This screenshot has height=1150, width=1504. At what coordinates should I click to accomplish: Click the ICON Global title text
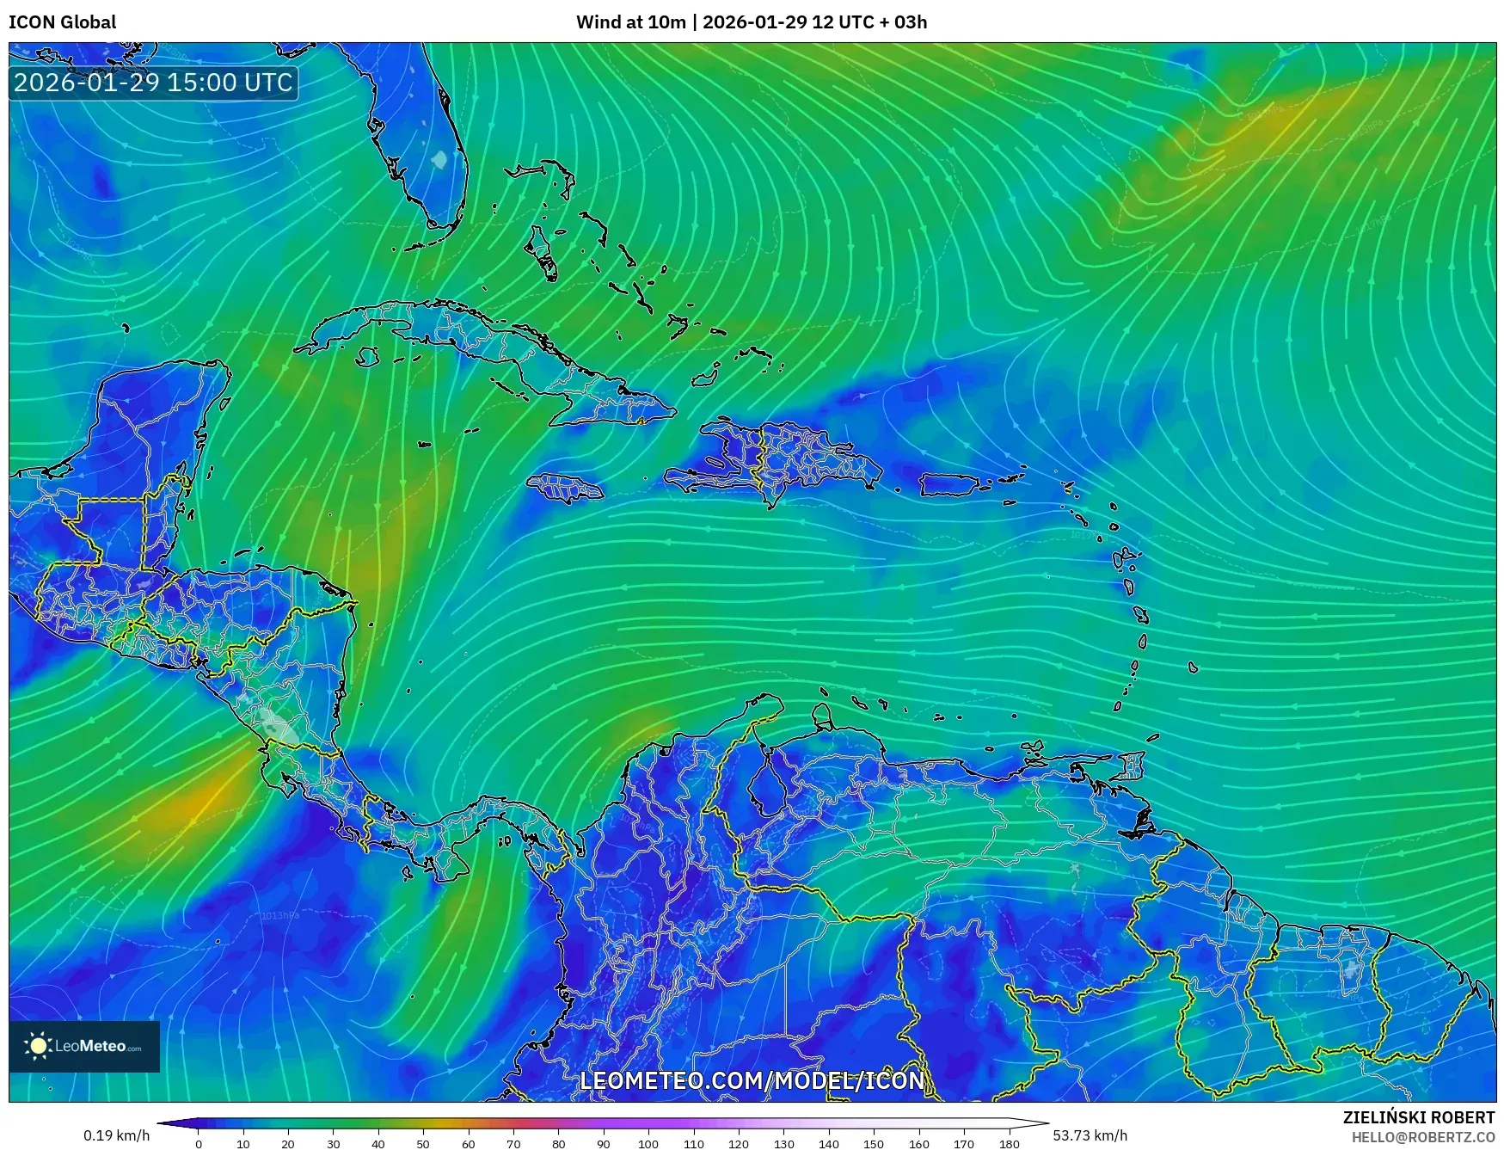coord(62,22)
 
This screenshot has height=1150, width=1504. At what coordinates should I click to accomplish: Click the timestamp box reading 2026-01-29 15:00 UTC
coord(153,83)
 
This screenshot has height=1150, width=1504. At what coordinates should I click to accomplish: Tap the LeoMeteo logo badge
coord(84,1046)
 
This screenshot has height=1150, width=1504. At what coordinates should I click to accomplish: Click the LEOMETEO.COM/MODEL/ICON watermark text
coord(752,1080)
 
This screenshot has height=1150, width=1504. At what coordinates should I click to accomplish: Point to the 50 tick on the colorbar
coord(423,1144)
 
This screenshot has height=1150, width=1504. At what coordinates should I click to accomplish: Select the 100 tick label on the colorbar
coord(648,1144)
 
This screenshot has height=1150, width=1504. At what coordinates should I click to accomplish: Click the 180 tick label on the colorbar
coord(1010,1144)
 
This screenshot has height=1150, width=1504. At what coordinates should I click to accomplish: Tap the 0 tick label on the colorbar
coord(199,1144)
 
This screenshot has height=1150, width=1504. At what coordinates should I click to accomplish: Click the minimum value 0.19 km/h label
coord(117,1135)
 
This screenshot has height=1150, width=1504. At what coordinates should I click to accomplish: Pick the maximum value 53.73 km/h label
coord(1090,1135)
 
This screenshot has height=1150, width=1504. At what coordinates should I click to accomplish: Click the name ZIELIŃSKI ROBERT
coord(1419,1117)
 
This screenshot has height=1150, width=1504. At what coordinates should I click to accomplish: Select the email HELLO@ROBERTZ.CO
coord(1422,1137)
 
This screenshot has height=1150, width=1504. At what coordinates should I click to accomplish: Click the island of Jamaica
coord(565,488)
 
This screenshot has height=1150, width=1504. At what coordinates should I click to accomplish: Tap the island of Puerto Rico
coord(949,485)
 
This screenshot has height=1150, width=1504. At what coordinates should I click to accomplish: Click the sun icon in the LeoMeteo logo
coord(39,1046)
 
